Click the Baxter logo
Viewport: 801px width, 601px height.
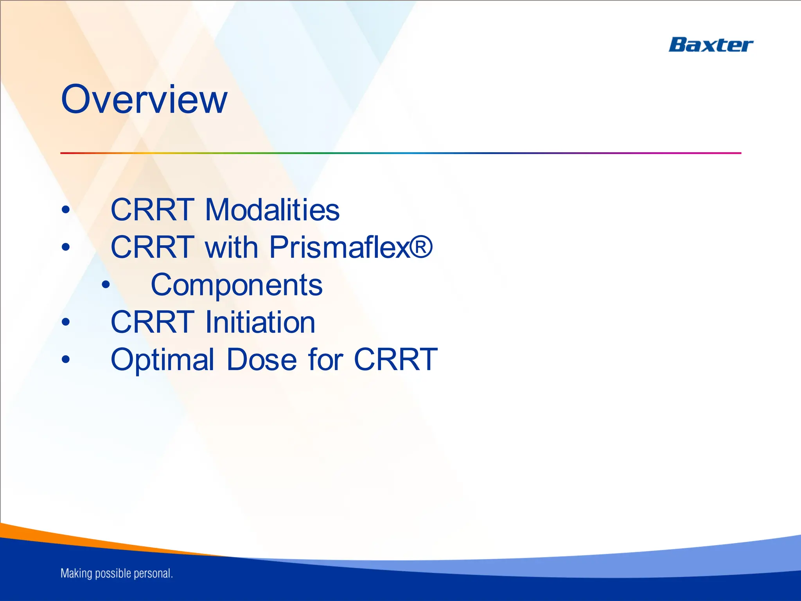pyautogui.click(x=711, y=45)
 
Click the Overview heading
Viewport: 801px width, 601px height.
pyautogui.click(x=144, y=100)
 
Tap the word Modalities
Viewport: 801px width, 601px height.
pyautogui.click(x=272, y=210)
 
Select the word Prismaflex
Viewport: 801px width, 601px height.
pyautogui.click(x=339, y=247)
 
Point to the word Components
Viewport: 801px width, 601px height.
pyautogui.click(x=237, y=285)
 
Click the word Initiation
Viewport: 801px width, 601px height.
pyautogui.click(x=260, y=322)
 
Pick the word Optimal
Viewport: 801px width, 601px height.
pyautogui.click(x=162, y=360)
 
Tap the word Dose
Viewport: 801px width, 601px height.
pyautogui.click(x=262, y=360)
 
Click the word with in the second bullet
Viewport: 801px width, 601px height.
pyautogui.click(x=231, y=247)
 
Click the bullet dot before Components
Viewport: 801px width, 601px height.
pyautogui.click(x=106, y=285)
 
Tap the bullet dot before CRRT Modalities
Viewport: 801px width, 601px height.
pyautogui.click(x=66, y=210)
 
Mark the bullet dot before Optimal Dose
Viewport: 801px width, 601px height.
pyautogui.click(x=66, y=359)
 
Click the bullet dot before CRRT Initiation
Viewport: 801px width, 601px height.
pyautogui.click(x=66, y=322)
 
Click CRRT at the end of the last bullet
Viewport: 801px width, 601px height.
pyautogui.click(x=395, y=360)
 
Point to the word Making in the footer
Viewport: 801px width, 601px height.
pyautogui.click(x=76, y=574)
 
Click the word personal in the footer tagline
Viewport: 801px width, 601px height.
pyautogui.click(x=153, y=574)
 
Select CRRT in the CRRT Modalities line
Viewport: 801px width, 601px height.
pyautogui.click(x=153, y=210)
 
